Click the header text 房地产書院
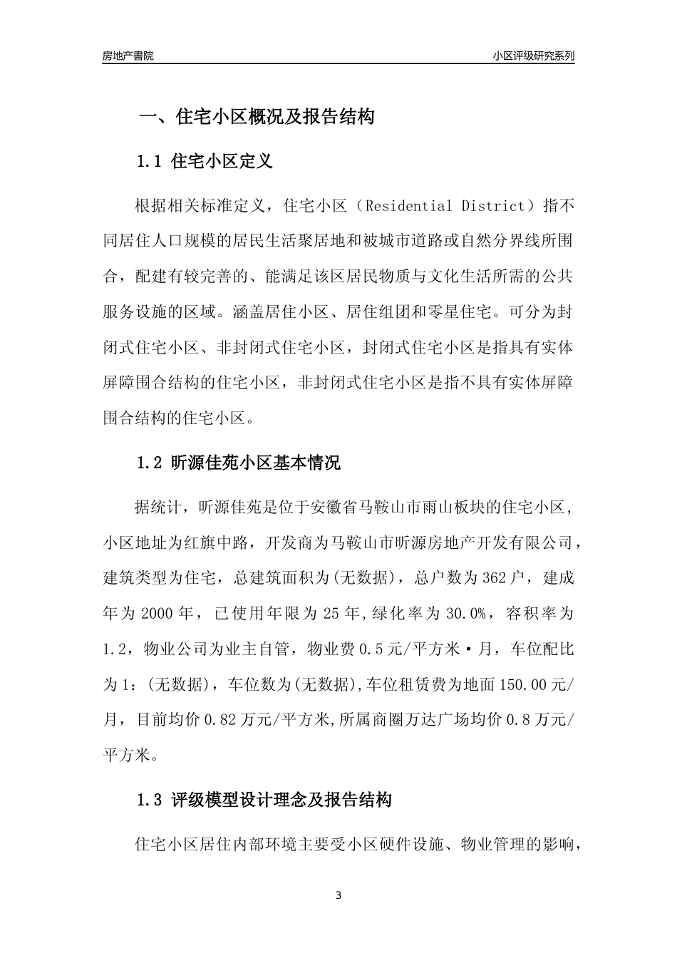click(128, 56)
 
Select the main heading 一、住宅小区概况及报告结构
click(256, 117)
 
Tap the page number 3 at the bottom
click(338, 895)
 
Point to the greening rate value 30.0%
click(466, 613)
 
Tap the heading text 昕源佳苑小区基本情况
click(256, 463)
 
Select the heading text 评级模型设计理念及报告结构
click(281, 800)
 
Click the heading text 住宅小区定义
click(222, 161)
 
